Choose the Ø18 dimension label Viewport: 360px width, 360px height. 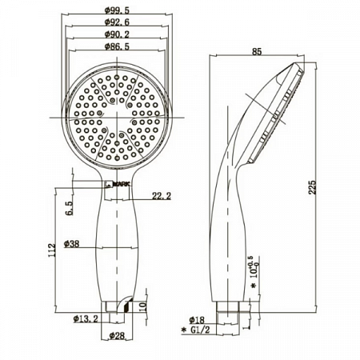click(197, 319)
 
